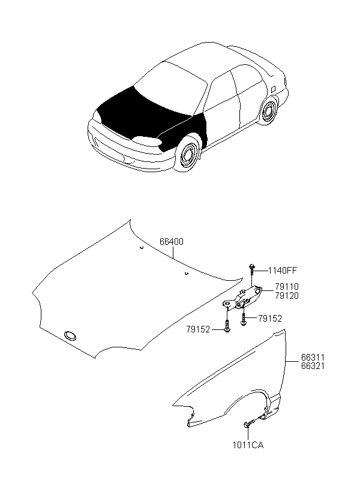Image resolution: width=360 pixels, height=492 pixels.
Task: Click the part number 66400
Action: (x=172, y=242)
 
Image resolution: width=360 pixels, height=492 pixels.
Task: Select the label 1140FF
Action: (x=282, y=270)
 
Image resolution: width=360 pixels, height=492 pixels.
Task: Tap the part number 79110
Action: (x=287, y=287)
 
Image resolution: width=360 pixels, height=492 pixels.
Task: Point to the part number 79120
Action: (x=287, y=296)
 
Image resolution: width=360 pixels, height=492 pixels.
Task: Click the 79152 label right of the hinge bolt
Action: (x=270, y=319)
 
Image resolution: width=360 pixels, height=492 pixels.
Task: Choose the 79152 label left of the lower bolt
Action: (x=198, y=330)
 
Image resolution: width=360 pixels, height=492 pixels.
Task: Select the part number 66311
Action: (x=313, y=358)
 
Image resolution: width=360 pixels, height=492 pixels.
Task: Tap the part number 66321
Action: (x=313, y=366)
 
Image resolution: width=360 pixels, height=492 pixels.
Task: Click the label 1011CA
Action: (x=248, y=445)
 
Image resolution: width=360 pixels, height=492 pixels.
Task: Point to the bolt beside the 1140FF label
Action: (x=252, y=269)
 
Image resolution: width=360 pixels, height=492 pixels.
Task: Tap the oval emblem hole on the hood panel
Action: (x=70, y=336)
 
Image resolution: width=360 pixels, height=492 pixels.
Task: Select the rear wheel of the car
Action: (x=268, y=112)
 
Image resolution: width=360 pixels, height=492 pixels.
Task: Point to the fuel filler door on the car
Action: (x=273, y=89)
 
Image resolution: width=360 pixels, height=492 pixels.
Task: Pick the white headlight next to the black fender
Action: (x=146, y=142)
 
